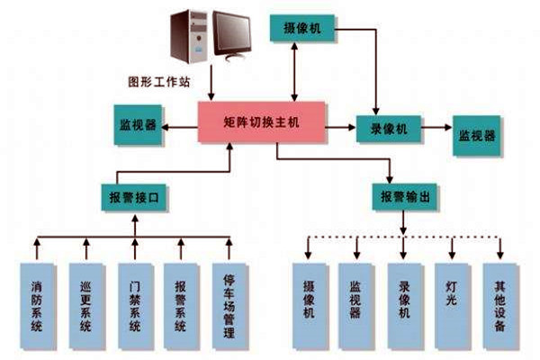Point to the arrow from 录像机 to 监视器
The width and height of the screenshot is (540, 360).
436,129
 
